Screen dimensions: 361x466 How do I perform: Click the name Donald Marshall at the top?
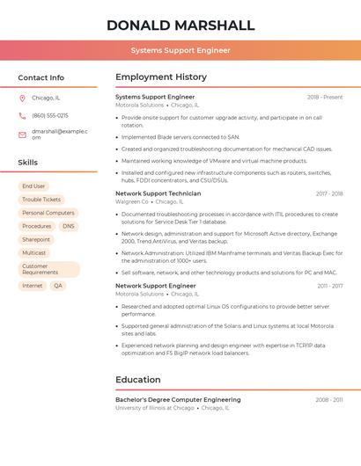coord(180,25)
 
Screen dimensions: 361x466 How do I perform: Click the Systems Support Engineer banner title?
coord(180,50)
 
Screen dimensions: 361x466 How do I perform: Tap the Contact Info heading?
coord(41,77)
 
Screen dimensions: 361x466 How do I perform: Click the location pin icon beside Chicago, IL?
coord(22,98)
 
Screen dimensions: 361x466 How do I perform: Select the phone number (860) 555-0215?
coord(50,116)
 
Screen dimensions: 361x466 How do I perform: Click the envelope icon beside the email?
coord(22,135)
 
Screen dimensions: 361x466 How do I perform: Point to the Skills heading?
coord(28,163)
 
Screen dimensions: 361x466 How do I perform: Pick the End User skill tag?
coord(33,186)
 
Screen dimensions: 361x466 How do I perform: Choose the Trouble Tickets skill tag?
coord(41,200)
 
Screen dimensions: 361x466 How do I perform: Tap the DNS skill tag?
coord(69,226)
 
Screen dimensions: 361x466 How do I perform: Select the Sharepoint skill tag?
coord(36,239)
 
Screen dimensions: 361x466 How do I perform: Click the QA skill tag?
coord(58,286)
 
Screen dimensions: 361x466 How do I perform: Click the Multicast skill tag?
coord(34,252)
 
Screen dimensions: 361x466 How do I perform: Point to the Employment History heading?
coord(161,77)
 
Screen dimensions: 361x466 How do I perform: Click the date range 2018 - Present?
coord(325,97)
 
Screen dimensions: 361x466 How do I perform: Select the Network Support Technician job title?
coord(158,193)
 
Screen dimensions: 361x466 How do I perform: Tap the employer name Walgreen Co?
coord(132,202)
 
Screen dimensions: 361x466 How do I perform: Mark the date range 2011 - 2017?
coord(330,286)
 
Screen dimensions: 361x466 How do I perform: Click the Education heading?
coord(138,380)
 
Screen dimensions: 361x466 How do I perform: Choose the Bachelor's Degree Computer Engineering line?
coord(178,400)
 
